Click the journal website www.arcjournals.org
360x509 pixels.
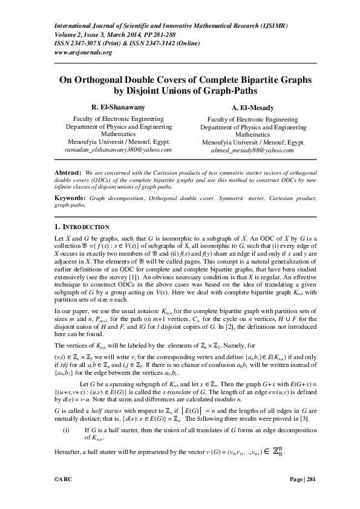point(83,52)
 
